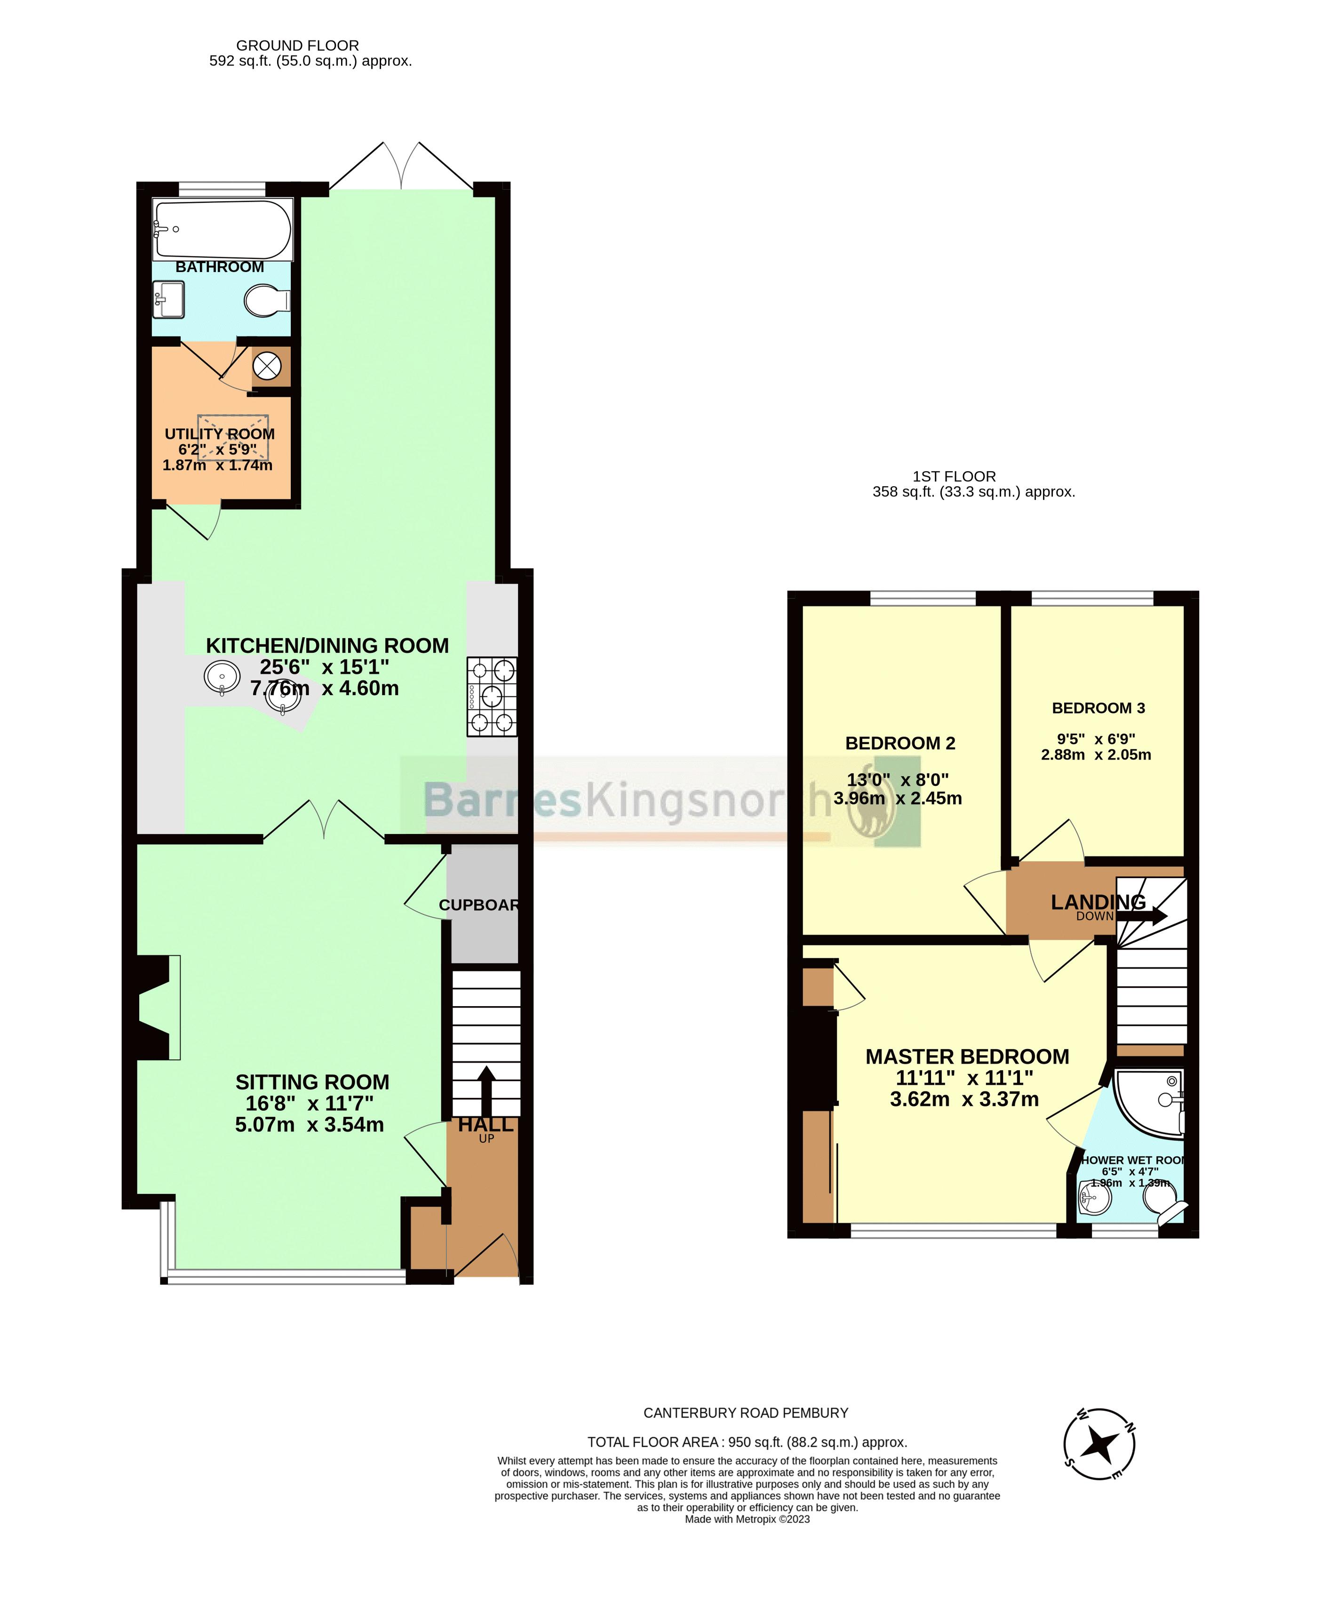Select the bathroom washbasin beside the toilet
168,299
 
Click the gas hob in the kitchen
492,697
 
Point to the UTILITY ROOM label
219,434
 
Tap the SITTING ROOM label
312,1081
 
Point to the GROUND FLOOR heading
297,46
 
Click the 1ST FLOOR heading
954,476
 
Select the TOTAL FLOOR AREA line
747,1442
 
